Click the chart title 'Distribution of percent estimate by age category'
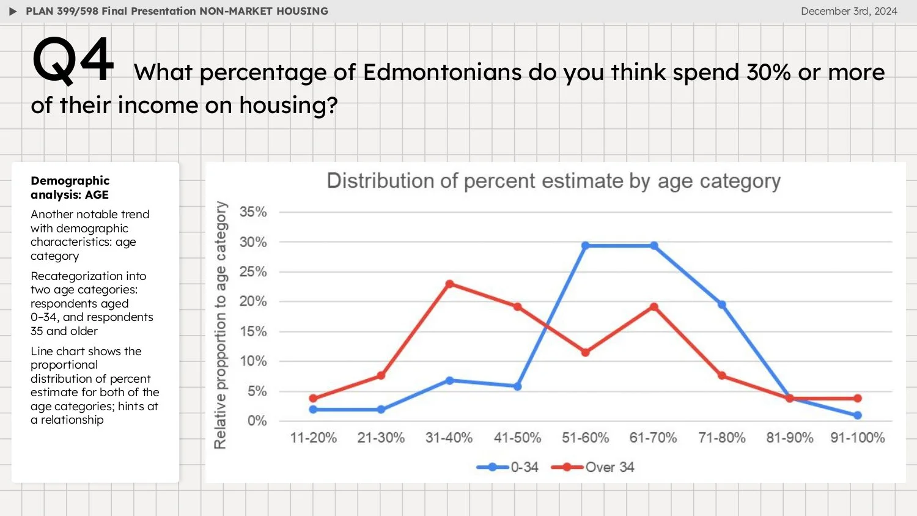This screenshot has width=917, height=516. tap(553, 181)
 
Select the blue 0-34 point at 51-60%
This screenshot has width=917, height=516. tap(585, 246)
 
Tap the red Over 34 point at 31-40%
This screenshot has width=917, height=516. tap(449, 284)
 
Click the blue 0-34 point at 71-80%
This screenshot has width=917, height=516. tap(721, 304)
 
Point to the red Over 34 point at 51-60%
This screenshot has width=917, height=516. tap(585, 353)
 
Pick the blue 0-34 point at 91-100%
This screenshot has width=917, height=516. tap(857, 415)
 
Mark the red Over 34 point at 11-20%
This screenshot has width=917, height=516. tap(313, 399)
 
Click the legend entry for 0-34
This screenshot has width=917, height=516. tap(507, 467)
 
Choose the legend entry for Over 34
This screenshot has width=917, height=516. tap(592, 467)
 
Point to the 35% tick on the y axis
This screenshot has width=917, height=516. tap(253, 212)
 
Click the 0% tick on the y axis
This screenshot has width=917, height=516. tap(257, 421)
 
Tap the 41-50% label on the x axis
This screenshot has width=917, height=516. tap(517, 438)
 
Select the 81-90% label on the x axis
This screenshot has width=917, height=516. tap(789, 438)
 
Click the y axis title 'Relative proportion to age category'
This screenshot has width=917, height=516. tap(220, 325)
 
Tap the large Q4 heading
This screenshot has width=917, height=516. tap(73, 60)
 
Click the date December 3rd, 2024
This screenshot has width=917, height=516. tap(849, 11)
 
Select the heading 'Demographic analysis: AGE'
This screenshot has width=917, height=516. tap(70, 188)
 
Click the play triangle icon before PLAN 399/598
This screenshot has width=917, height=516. tap(13, 11)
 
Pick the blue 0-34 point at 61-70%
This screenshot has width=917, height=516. tap(654, 246)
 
